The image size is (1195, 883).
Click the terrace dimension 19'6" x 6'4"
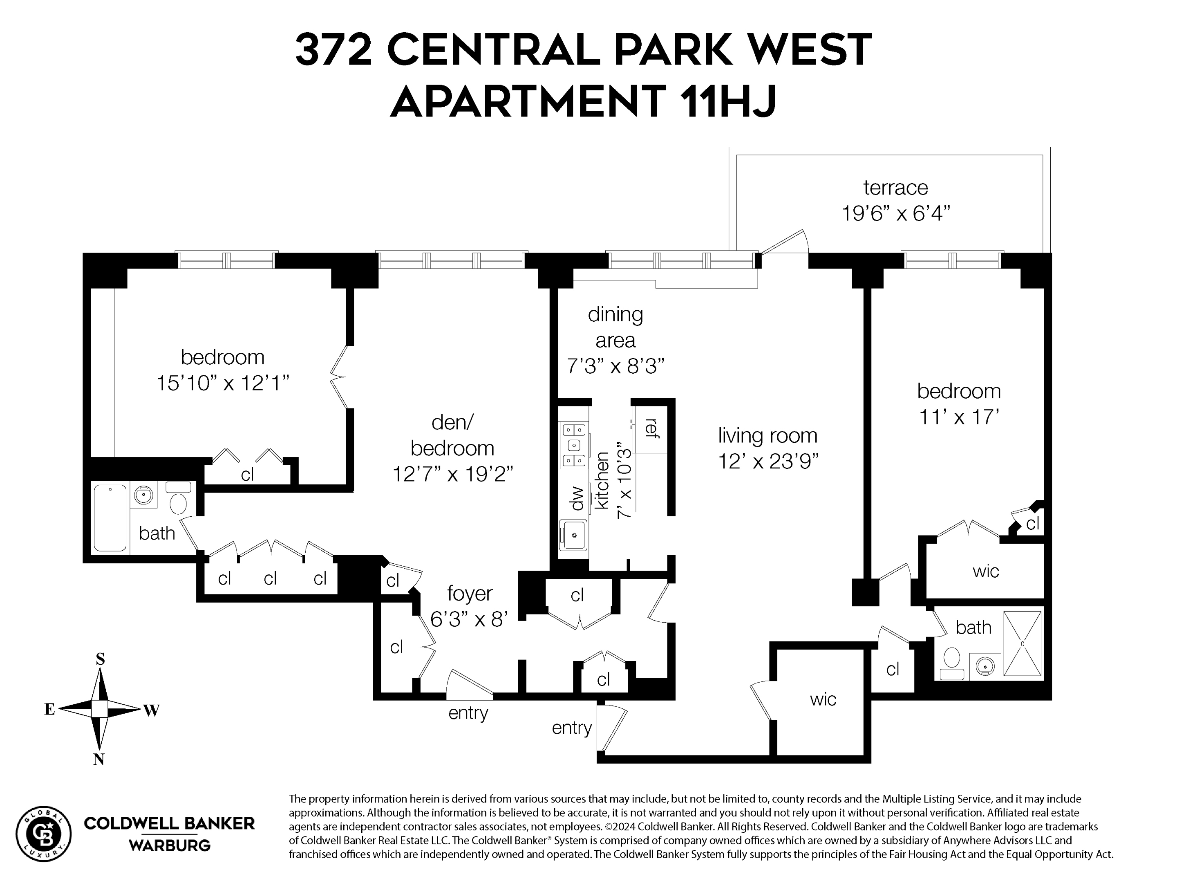896,213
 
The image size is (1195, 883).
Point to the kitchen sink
573,535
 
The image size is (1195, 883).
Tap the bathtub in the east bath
110,518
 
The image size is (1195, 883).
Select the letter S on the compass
100,659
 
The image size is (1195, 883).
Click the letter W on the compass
151,710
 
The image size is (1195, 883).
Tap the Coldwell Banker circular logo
43,834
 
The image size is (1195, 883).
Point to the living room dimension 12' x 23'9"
768,461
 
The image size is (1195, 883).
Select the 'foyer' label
469,593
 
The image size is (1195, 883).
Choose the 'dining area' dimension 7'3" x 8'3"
615,367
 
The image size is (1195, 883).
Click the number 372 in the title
333,50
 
